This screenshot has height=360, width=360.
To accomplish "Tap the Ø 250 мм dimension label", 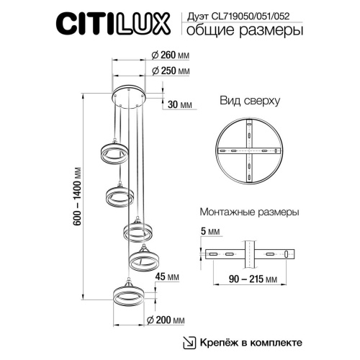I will pyautogui.click(x=172, y=72).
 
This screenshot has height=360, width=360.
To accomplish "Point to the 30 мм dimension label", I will pyautogui.click(x=179, y=105).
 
